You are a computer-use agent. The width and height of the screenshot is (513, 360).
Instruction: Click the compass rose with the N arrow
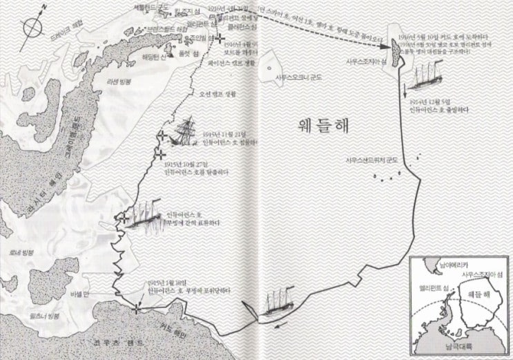coord(32,28)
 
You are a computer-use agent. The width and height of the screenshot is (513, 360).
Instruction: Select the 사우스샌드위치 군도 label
coord(372,160)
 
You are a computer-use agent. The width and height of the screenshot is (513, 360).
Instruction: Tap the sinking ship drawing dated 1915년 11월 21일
coord(185,131)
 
